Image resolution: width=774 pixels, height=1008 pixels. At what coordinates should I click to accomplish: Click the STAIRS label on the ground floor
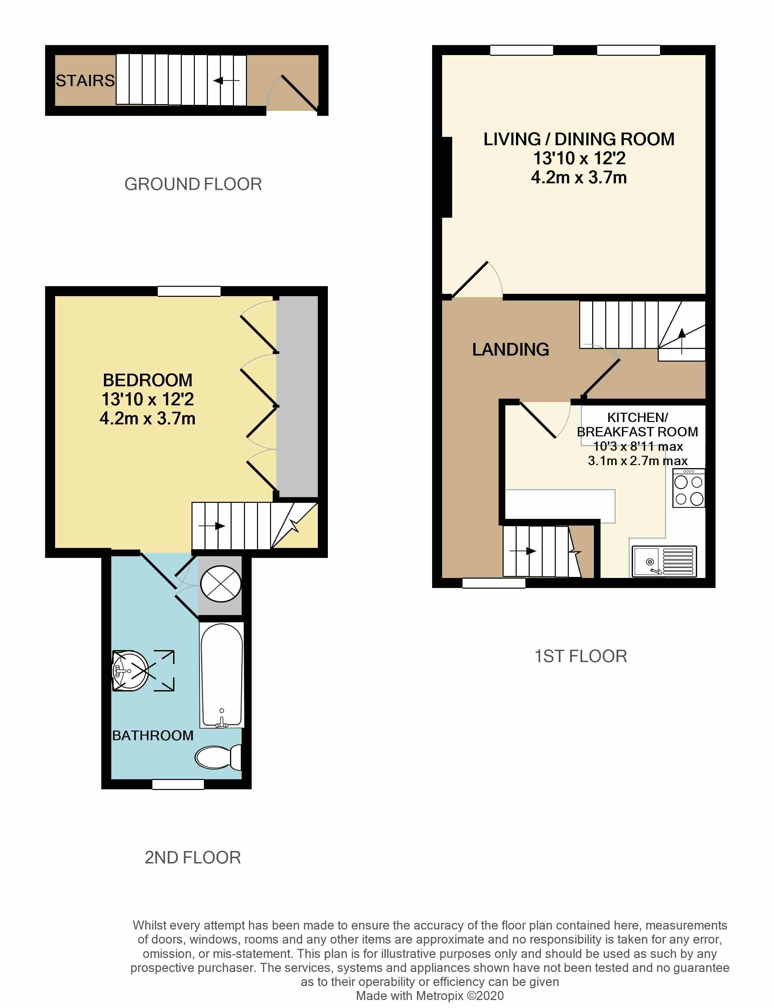tap(85, 80)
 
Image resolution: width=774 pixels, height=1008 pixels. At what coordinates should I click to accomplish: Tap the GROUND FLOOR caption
tap(193, 184)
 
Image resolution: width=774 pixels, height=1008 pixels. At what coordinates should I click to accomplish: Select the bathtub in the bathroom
tap(222, 674)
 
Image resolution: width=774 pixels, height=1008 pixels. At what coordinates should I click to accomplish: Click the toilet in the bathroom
tap(217, 757)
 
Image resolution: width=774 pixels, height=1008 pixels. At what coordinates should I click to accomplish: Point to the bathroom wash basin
tap(130, 671)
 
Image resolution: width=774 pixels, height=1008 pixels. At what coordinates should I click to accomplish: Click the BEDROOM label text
tap(147, 380)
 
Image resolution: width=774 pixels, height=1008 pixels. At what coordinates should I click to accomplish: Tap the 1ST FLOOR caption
tap(580, 656)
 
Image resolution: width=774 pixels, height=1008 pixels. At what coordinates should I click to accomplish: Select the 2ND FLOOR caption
tap(192, 857)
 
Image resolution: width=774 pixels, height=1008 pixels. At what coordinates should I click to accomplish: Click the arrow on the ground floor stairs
tap(226, 80)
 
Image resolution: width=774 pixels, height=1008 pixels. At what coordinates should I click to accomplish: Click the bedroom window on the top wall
tap(189, 291)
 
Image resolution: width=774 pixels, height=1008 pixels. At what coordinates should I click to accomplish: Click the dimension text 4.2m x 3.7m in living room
tap(578, 178)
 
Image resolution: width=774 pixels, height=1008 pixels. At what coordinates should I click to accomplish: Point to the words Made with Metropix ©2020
tap(430, 996)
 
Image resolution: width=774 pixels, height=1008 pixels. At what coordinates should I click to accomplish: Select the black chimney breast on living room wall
tap(446, 177)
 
